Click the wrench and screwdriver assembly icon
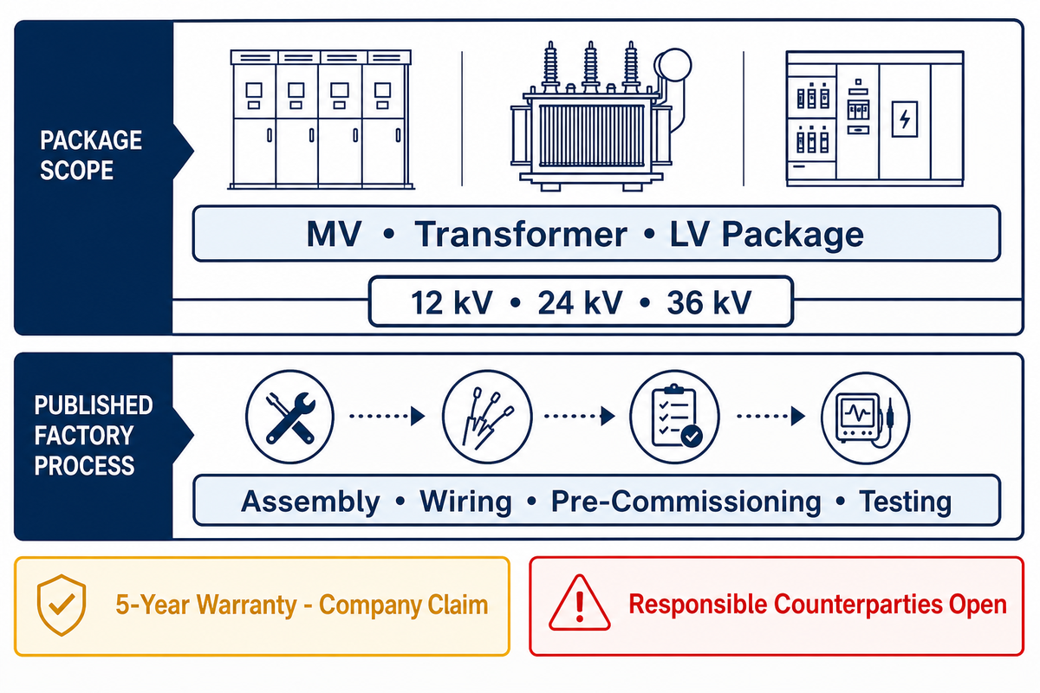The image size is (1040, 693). [x=289, y=417]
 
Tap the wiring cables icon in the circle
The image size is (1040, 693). [x=487, y=417]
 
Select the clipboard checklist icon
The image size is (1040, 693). [x=675, y=417]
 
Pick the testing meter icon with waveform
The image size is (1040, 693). [x=866, y=418]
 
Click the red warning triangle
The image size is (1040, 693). [x=580, y=603]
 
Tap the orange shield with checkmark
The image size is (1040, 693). [x=62, y=605]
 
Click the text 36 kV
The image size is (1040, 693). [x=709, y=302]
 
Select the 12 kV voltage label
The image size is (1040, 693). [x=452, y=302]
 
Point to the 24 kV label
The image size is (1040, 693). [x=580, y=302]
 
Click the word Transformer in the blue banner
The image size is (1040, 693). [x=521, y=234]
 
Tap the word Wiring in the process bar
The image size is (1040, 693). [x=465, y=502]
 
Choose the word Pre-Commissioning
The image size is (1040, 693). [x=686, y=502]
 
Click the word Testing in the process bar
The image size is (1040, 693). [x=905, y=502]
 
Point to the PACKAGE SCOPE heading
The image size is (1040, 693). [x=91, y=155]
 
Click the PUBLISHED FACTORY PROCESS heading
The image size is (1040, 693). [x=94, y=436]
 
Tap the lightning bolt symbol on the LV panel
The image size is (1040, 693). [x=905, y=120]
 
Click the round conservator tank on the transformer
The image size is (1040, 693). [x=673, y=66]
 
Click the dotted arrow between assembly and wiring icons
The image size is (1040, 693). [x=387, y=416]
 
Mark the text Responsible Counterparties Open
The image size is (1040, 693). [x=817, y=604]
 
